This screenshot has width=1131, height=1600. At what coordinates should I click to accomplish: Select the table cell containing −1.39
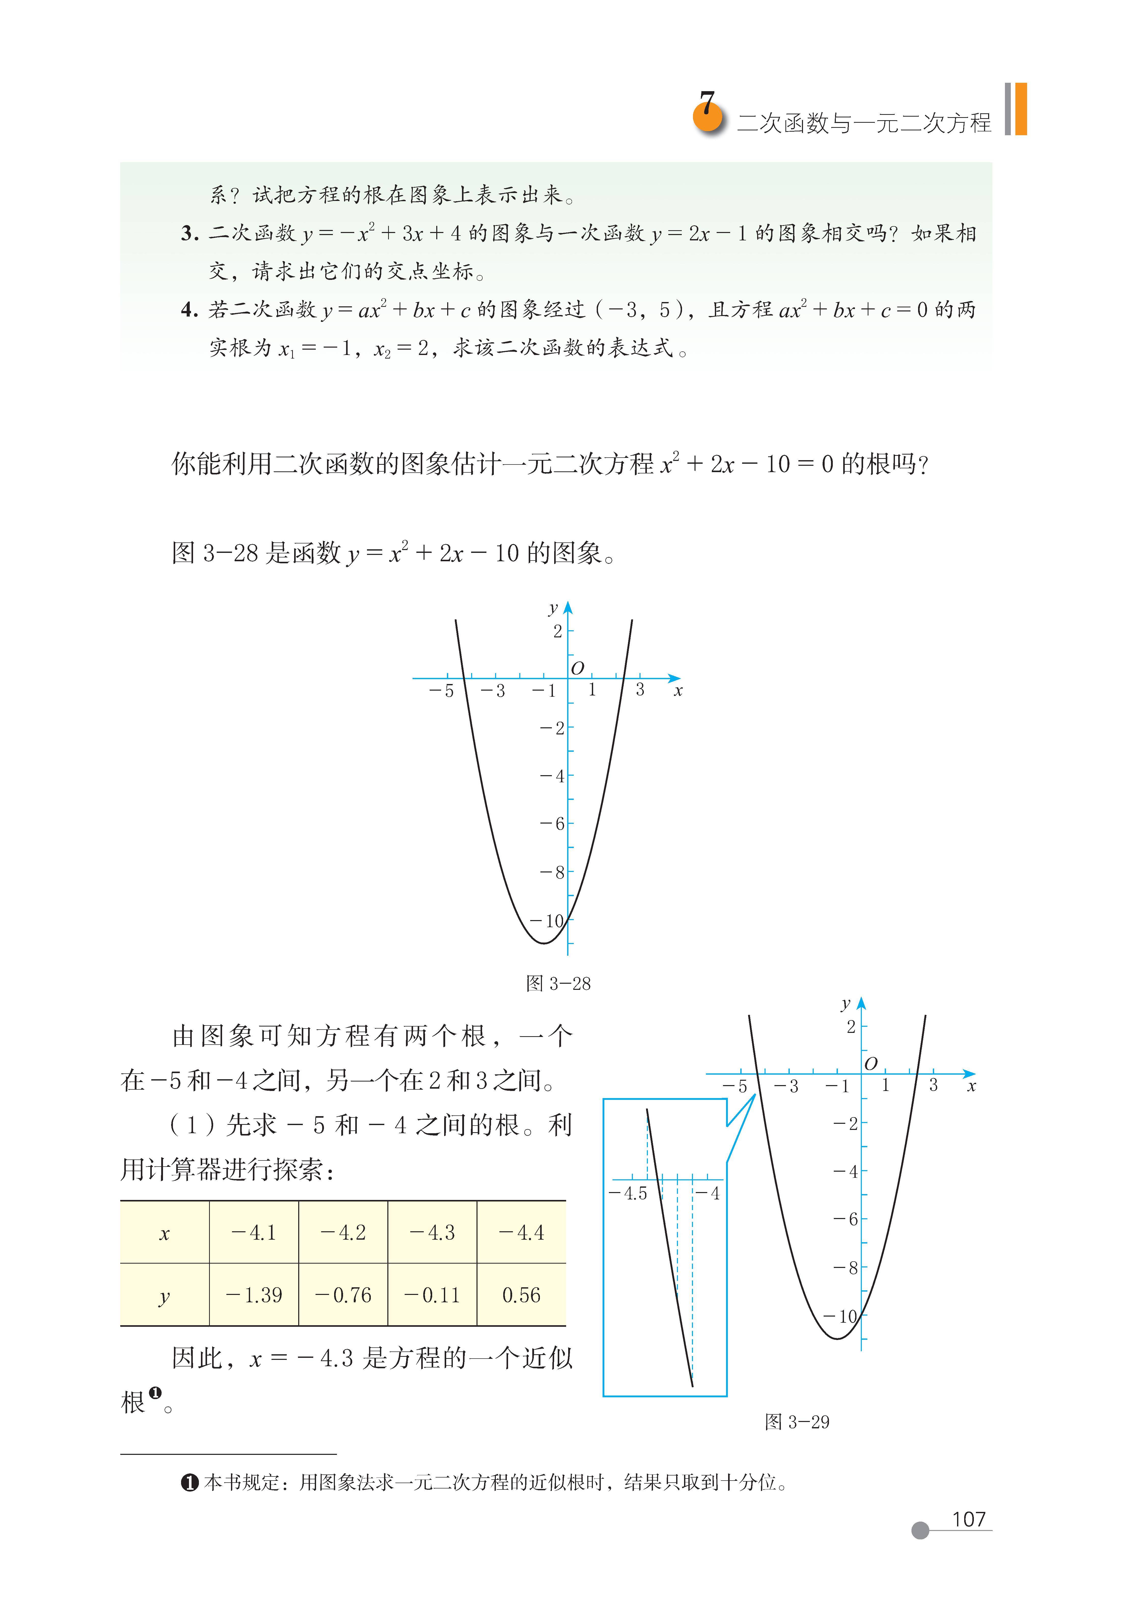[254, 1295]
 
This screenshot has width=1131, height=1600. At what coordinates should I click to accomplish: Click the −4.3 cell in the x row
[432, 1232]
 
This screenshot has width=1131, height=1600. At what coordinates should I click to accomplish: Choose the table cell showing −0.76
[343, 1295]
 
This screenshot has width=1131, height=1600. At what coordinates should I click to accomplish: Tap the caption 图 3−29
[797, 1435]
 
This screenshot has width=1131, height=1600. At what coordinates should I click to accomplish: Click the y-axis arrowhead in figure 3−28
[568, 608]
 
